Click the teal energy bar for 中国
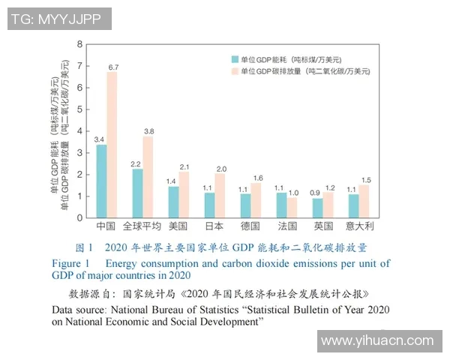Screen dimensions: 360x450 tap(101, 181)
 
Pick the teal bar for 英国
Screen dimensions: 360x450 tap(317, 208)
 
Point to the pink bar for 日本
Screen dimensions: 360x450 tap(220, 196)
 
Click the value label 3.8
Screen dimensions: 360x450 tap(149, 131)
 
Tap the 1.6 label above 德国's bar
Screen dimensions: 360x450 tap(257, 178)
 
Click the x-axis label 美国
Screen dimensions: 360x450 tap(178, 226)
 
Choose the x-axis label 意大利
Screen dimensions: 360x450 tap(358, 226)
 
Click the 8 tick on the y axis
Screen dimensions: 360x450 tap(80, 44)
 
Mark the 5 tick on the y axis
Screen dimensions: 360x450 tap(80, 109)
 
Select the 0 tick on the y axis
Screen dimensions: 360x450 tap(80, 217)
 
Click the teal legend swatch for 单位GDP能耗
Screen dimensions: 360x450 tap(235, 58)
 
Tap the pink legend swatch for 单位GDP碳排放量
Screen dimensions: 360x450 tap(235, 71)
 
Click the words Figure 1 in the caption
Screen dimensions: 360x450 tap(70, 263)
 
